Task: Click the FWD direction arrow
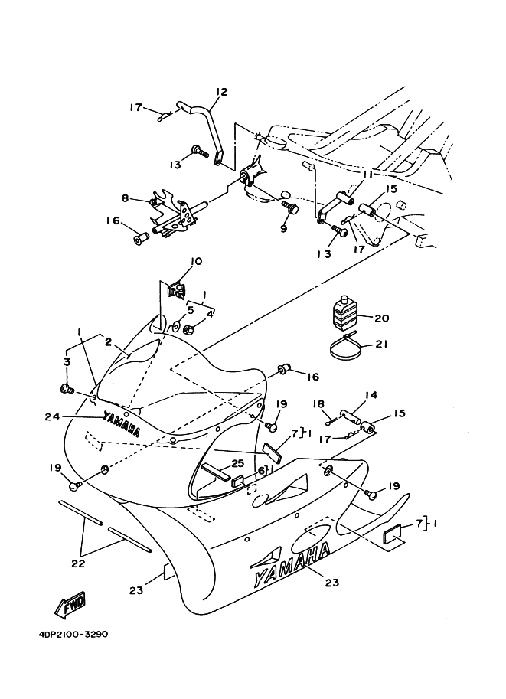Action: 70,606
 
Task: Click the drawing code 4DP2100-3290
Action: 73,635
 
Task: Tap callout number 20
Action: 382,318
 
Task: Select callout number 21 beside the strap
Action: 381,345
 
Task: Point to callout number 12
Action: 221,92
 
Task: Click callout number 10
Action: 196,261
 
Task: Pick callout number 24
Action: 51,416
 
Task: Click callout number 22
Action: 78,563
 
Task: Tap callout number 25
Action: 238,464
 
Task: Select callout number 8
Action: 125,198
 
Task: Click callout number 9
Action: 284,229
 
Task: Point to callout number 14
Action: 371,394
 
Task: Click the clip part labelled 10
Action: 175,289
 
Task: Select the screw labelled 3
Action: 67,389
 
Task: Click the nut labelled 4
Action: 188,330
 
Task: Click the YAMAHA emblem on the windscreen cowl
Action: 121,423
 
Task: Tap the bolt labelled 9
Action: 291,207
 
